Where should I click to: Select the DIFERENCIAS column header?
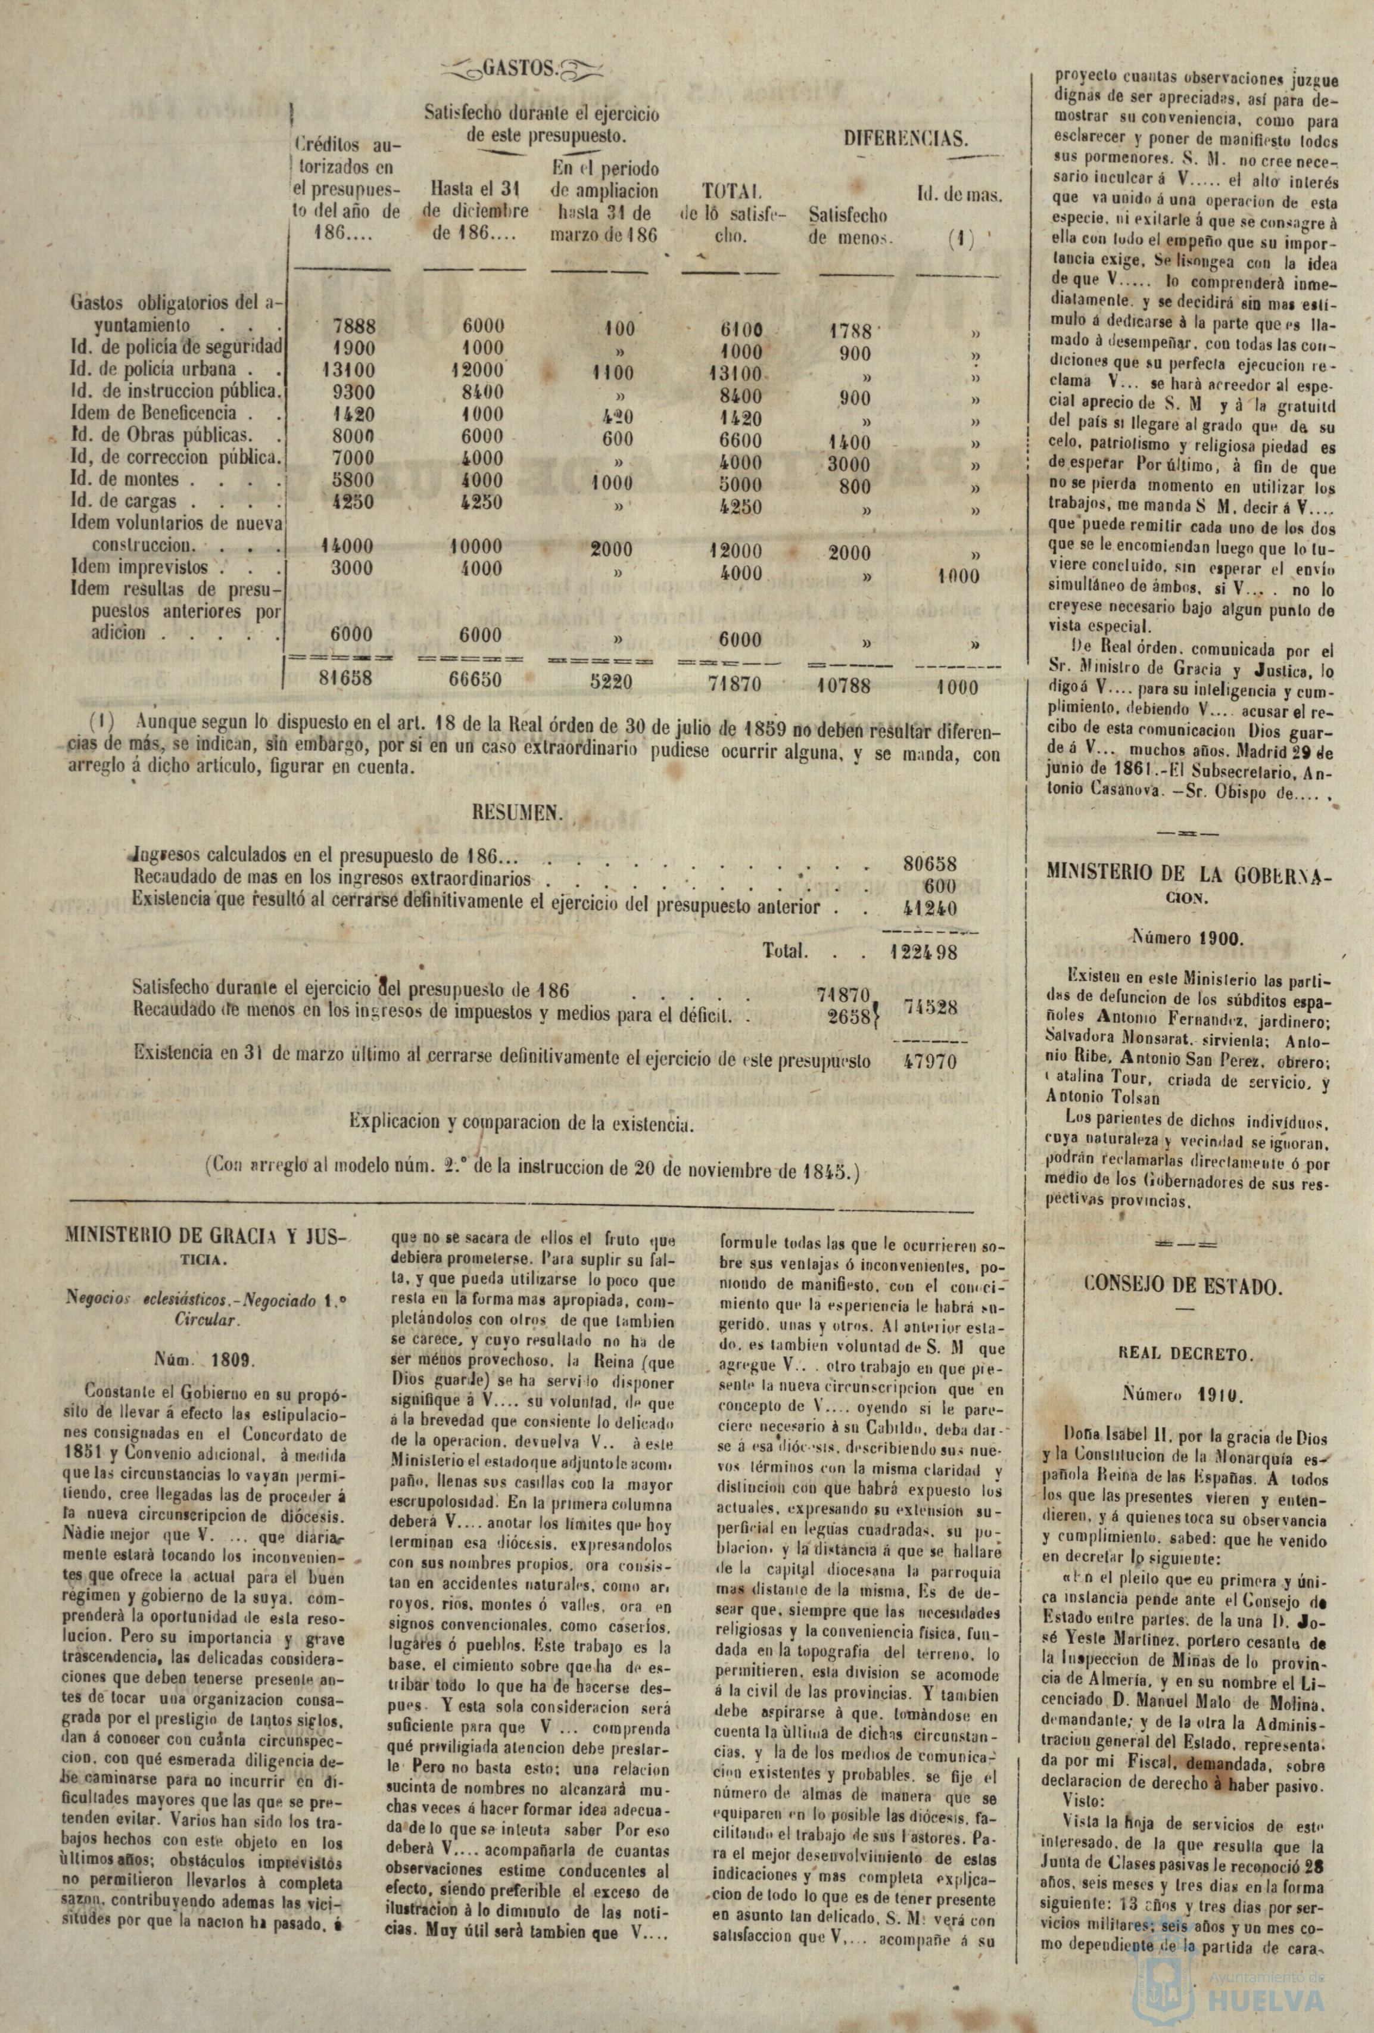click(x=905, y=138)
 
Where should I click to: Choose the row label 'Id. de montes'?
click(x=125, y=480)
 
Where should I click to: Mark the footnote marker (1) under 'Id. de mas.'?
click(x=958, y=238)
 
